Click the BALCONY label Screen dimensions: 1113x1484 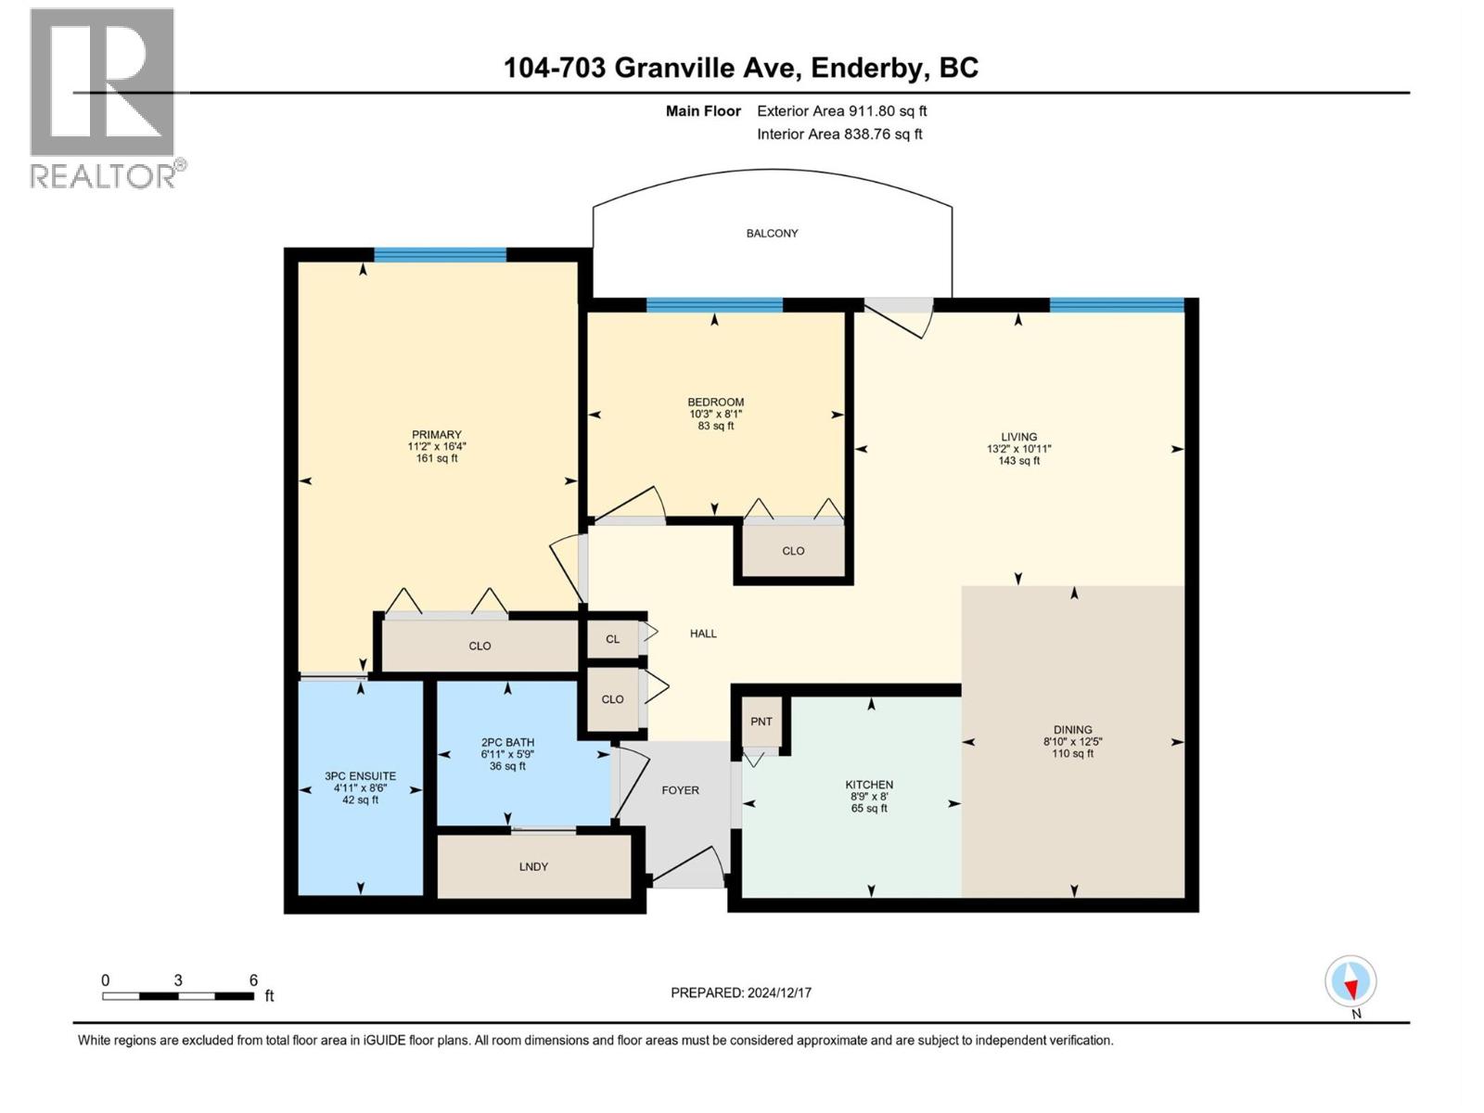772,234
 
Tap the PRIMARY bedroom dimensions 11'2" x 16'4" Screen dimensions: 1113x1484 436,446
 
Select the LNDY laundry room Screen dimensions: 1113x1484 533,866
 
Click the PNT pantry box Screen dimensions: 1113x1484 761,722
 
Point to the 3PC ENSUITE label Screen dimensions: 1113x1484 360,776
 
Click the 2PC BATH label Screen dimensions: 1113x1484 507,743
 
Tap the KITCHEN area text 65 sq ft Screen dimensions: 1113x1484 869,809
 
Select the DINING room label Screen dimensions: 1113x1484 1072,730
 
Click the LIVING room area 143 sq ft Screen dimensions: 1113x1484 1018,461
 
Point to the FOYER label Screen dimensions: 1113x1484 680,790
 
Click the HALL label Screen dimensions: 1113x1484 703,633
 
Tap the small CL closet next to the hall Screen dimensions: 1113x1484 612,639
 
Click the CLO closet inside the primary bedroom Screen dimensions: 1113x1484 480,646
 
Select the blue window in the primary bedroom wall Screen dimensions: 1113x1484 440,255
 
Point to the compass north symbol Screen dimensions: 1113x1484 1350,982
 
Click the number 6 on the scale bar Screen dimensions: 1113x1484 253,980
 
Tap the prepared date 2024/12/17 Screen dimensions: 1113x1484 777,992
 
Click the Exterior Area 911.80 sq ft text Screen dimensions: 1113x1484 841,111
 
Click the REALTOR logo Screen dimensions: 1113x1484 104,97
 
